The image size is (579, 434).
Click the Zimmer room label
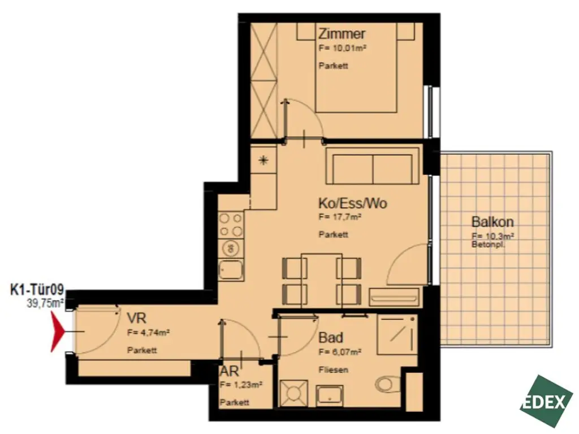338,35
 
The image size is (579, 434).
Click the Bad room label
331,338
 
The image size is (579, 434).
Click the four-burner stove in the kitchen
231,224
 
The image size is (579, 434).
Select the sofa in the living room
373,167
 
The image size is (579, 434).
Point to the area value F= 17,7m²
340,216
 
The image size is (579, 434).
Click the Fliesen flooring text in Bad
333,370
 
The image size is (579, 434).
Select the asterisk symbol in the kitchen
263,160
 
